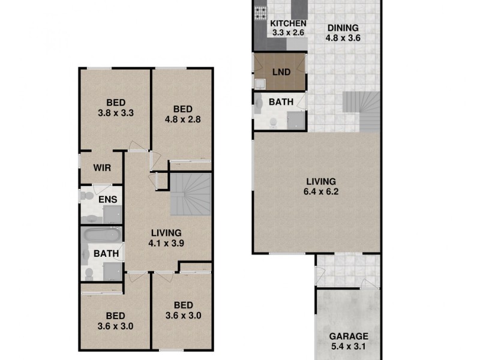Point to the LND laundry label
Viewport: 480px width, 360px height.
pos(281,72)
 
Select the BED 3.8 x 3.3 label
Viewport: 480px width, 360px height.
pos(115,107)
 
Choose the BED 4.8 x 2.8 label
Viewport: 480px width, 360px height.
pos(182,114)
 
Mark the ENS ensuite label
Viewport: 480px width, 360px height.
pos(107,200)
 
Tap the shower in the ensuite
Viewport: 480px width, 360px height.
pos(112,214)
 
